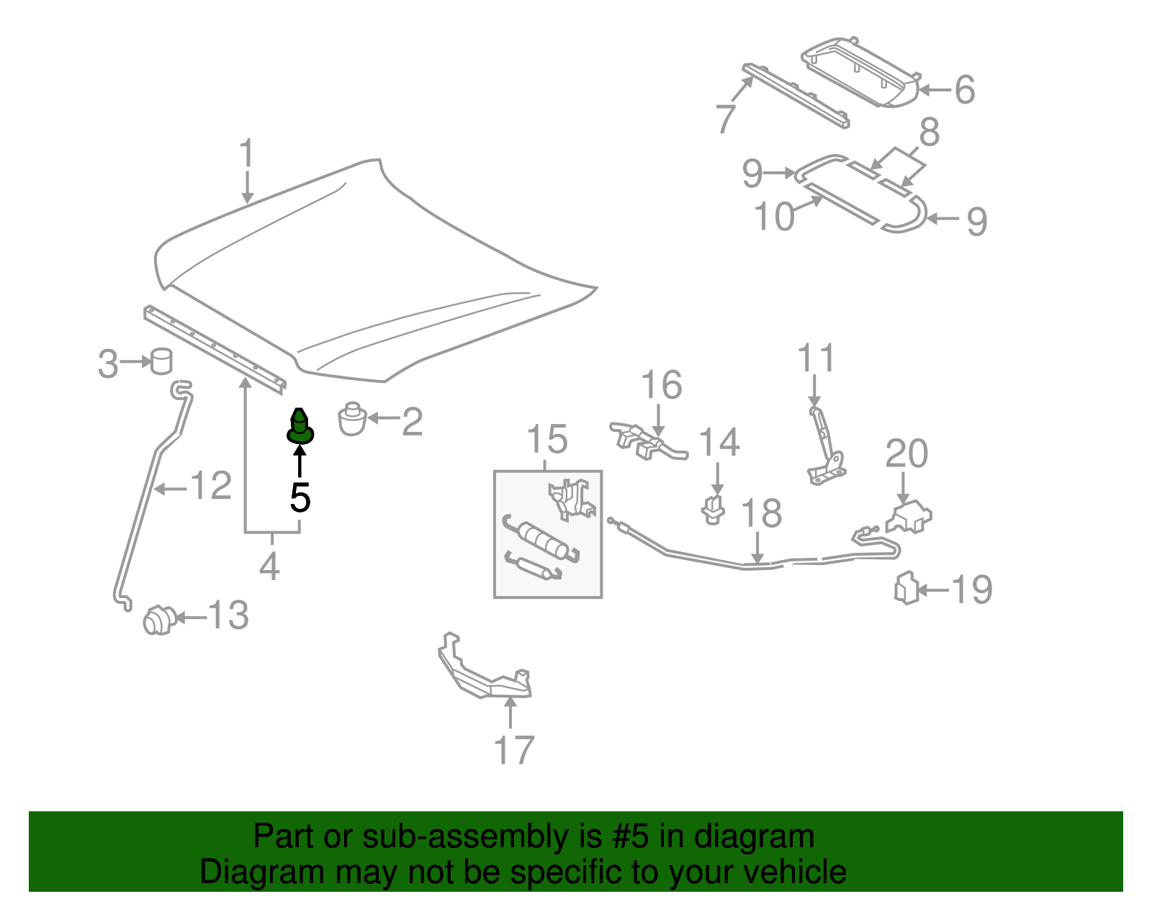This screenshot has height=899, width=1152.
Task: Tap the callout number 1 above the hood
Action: click(247, 154)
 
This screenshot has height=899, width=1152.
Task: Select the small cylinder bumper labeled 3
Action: click(162, 361)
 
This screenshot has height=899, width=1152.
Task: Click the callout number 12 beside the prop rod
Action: click(211, 486)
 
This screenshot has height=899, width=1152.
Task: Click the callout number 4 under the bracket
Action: click(269, 566)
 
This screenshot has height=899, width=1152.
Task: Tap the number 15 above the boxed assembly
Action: click(547, 439)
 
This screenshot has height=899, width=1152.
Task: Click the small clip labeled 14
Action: click(713, 510)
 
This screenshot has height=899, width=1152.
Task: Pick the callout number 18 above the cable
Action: click(761, 513)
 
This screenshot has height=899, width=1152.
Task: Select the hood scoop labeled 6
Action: click(861, 72)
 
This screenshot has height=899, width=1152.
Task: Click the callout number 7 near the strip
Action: click(726, 117)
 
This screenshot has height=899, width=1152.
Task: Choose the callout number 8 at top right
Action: click(929, 132)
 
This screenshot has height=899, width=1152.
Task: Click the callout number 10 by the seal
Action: click(774, 215)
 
